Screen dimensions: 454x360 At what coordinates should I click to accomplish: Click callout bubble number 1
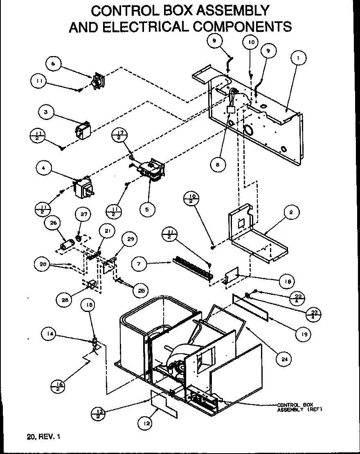pos(299,59)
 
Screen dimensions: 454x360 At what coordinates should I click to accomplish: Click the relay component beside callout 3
pos(83,129)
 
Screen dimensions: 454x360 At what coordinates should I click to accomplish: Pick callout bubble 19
pos(303,334)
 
